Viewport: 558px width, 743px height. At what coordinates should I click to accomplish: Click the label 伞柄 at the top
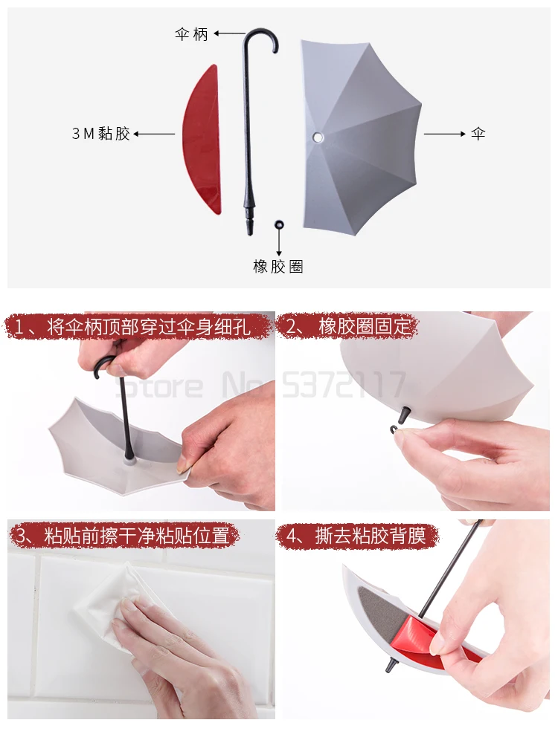click(x=191, y=34)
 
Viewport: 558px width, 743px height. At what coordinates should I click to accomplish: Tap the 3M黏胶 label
click(x=101, y=134)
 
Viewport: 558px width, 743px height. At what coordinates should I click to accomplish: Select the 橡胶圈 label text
click(x=278, y=267)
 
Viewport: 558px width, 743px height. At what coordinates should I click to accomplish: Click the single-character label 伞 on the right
click(x=477, y=134)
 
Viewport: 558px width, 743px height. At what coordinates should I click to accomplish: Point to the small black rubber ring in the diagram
click(x=279, y=224)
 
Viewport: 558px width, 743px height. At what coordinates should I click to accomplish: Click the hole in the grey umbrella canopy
click(x=318, y=137)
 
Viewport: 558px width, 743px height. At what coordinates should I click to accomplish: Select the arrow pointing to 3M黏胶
click(x=154, y=134)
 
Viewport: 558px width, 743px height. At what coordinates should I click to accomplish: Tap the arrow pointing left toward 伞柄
click(x=229, y=33)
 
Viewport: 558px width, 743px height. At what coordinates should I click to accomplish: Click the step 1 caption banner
click(x=139, y=326)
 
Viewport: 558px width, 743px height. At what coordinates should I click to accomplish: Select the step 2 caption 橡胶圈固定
click(x=347, y=326)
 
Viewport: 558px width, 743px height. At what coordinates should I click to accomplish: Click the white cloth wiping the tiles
click(x=112, y=602)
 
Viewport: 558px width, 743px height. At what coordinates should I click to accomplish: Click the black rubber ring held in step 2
click(x=394, y=429)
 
